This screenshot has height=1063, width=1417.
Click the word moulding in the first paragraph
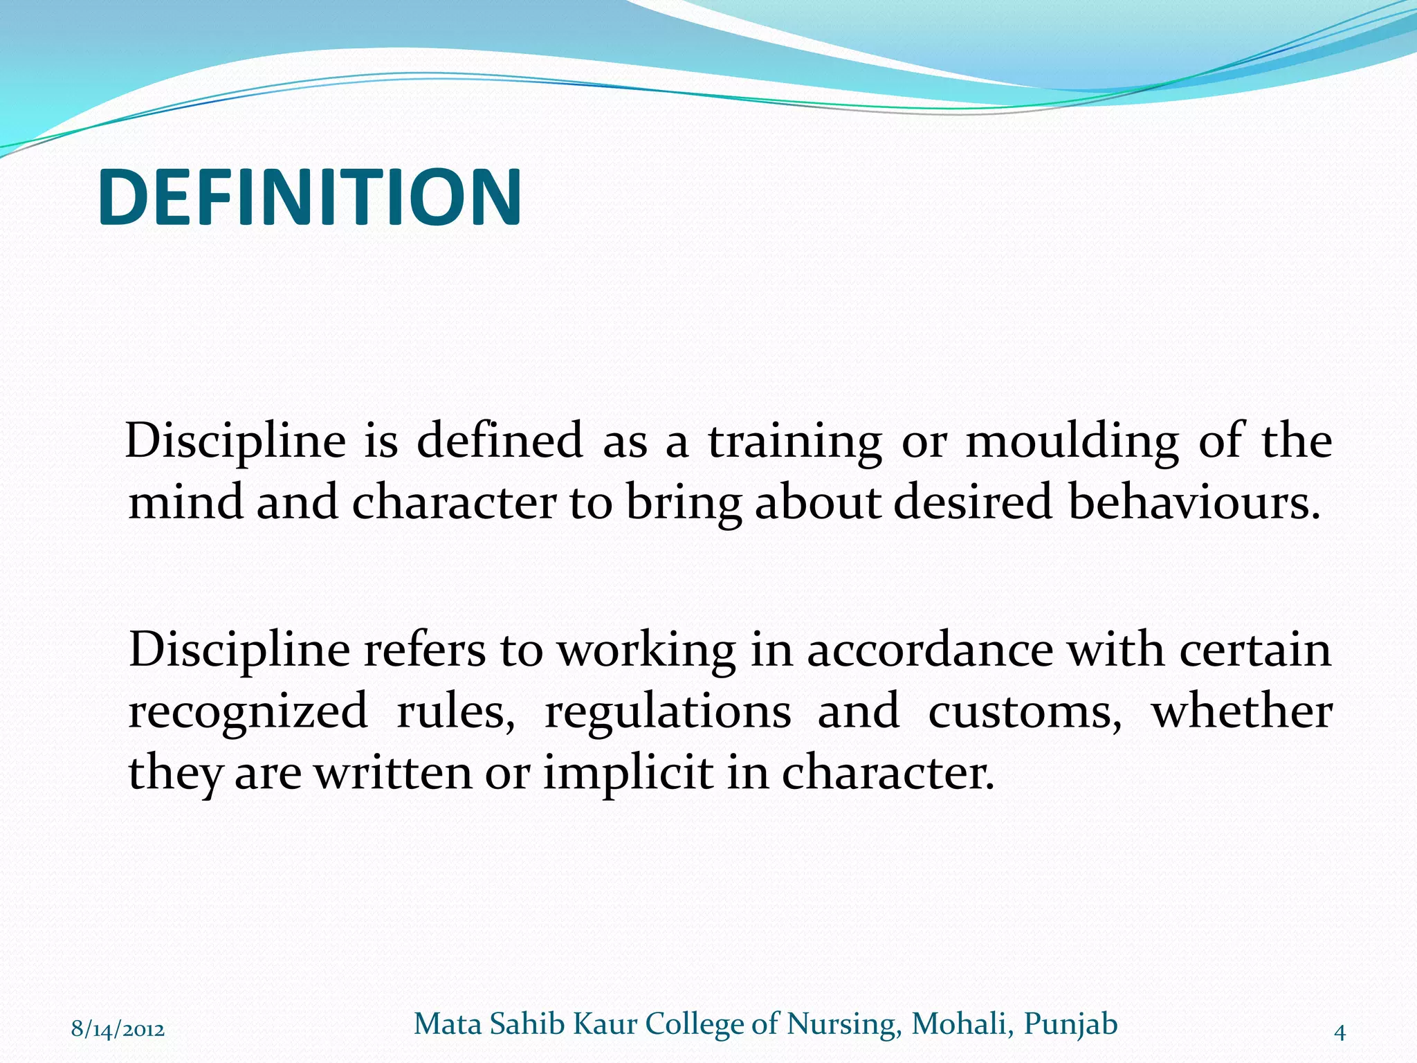1071,442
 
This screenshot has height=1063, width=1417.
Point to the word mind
185,502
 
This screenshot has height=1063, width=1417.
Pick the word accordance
929,651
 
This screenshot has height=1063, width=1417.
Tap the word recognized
248,711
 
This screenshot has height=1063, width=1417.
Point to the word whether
1241,711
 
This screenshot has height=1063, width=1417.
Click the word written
393,772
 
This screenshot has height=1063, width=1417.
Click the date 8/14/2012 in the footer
118,1030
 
